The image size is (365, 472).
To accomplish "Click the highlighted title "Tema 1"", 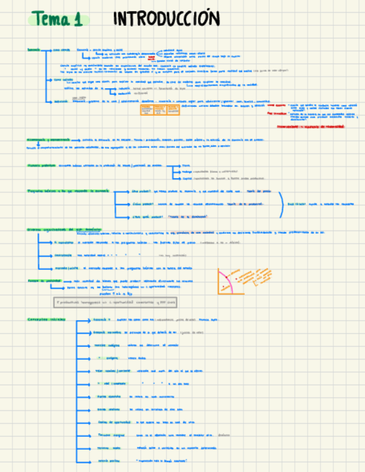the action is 57,19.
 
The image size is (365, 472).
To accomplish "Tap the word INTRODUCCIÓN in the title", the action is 167,19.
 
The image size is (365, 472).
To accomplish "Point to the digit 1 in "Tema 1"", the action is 77,20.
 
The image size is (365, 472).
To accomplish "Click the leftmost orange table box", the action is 146,110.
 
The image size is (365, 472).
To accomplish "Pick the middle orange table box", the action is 159,110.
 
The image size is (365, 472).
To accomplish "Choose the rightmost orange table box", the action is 173,110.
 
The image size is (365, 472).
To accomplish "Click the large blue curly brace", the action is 282,204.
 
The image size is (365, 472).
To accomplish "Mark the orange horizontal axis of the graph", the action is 231,293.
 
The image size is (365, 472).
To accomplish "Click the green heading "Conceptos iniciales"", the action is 46,319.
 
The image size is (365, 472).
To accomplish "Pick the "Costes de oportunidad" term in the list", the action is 111,422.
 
